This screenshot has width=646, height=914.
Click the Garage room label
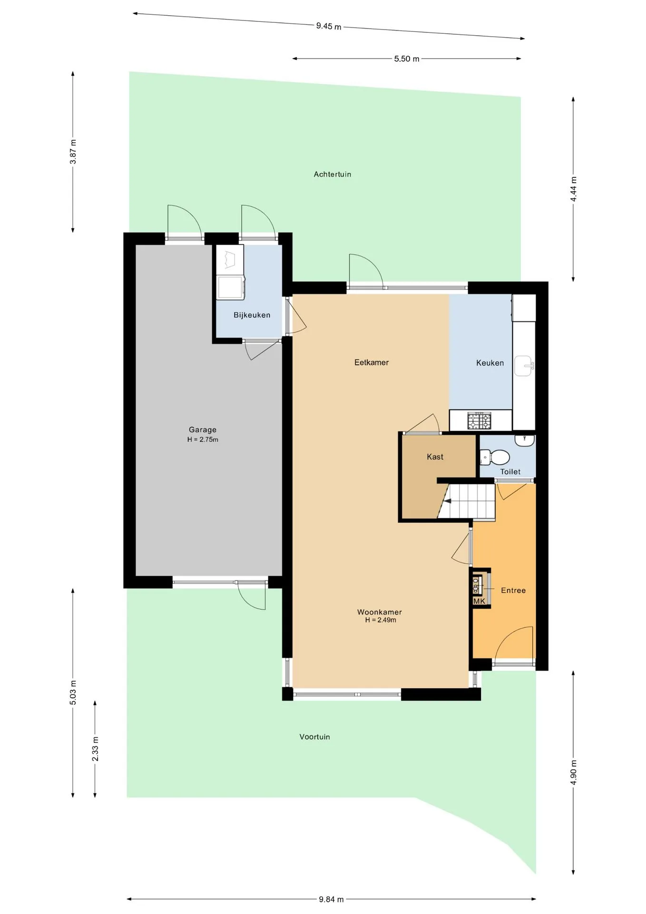tap(203, 430)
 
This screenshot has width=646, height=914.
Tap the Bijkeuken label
tap(252, 315)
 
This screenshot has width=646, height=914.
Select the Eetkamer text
tap(372, 362)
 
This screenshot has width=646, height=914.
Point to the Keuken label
tap(490, 363)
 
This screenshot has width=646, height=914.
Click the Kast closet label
tap(435, 457)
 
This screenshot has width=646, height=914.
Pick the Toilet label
tap(510, 472)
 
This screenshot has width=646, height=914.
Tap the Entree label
tap(513, 590)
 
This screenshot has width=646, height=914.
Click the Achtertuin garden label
tap(333, 174)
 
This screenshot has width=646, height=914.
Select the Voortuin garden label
tap(314, 737)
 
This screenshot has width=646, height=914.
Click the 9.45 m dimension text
tap(329, 26)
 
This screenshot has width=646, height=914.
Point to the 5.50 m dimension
tap(407, 59)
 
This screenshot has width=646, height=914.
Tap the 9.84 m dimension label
tap(331, 899)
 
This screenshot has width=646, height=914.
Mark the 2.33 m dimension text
tap(95, 749)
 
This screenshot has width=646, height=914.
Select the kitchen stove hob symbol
tap(480, 421)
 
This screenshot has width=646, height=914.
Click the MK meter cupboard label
tap(480, 601)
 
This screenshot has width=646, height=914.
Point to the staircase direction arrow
tap(446, 500)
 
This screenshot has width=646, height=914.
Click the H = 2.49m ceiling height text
tap(381, 620)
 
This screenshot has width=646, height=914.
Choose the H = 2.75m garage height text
tap(203, 439)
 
